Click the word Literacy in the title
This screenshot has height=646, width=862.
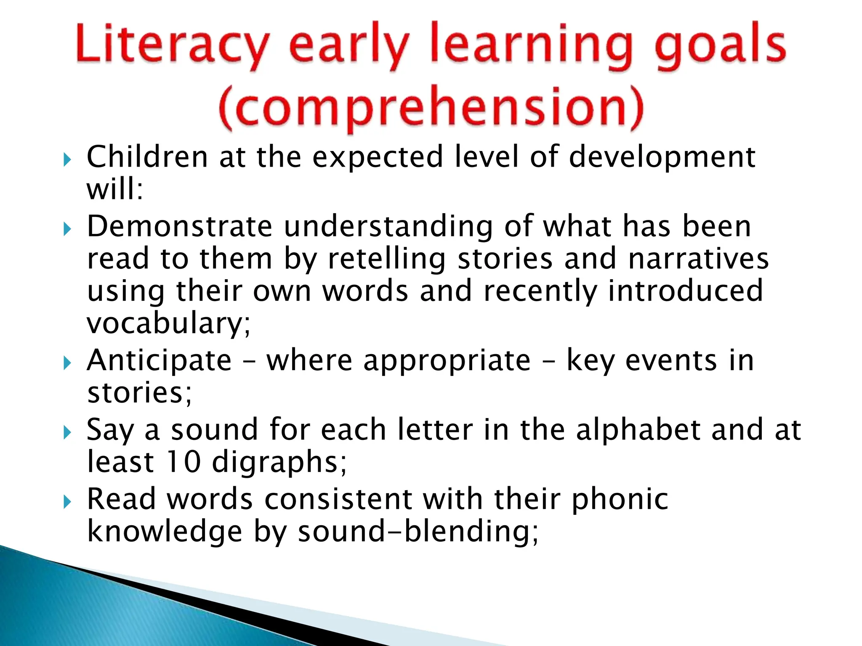click(172, 46)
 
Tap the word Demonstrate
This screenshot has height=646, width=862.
click(180, 227)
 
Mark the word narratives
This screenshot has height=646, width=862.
click(698, 259)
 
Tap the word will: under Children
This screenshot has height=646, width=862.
click(115, 189)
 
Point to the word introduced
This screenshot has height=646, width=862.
click(686, 291)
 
